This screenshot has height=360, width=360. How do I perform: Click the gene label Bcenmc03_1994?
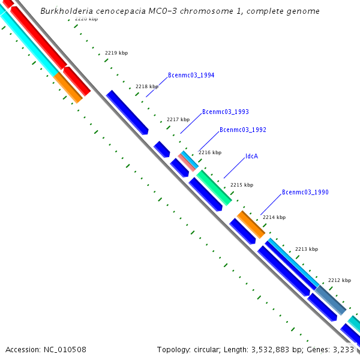click(x=191, y=76)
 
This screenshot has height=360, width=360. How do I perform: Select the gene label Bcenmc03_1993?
click(x=225, y=112)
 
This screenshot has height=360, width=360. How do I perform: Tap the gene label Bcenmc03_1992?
click(x=242, y=130)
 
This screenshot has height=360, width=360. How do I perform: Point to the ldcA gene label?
click(x=251, y=156)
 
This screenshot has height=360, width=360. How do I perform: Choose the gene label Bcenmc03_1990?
click(x=305, y=193)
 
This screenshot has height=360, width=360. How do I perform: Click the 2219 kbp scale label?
click(x=116, y=53)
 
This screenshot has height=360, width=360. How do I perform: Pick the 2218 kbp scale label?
click(x=146, y=86)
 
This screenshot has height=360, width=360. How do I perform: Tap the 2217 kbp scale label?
click(x=178, y=119)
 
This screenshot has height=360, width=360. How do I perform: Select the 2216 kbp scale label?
click(x=209, y=152)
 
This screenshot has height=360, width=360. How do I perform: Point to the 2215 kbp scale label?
click(x=242, y=185)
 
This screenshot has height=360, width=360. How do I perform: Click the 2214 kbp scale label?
click(x=274, y=217)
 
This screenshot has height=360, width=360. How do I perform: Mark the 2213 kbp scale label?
click(x=306, y=249)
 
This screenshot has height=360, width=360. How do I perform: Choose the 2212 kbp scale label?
click(x=339, y=280)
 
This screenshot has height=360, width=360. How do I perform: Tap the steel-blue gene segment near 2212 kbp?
click(x=331, y=299)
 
